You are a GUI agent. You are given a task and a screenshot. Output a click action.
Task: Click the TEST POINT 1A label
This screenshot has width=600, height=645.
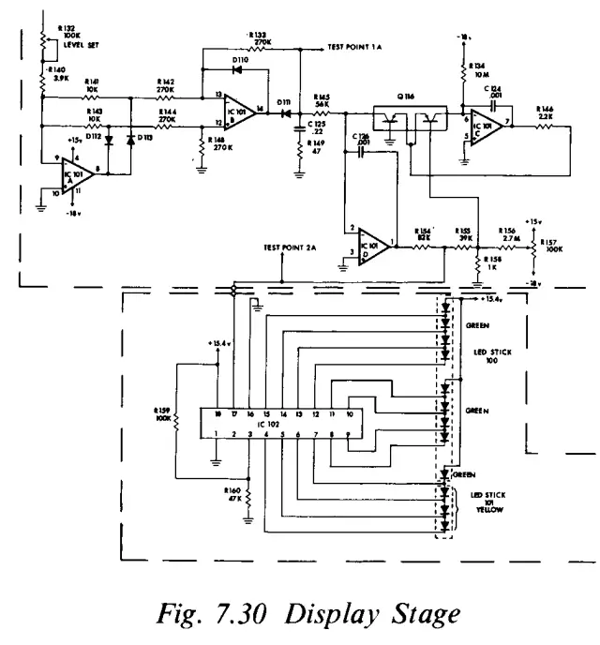click(x=356, y=47)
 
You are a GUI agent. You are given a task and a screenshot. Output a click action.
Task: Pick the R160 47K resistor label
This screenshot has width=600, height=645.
click(x=233, y=495)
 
